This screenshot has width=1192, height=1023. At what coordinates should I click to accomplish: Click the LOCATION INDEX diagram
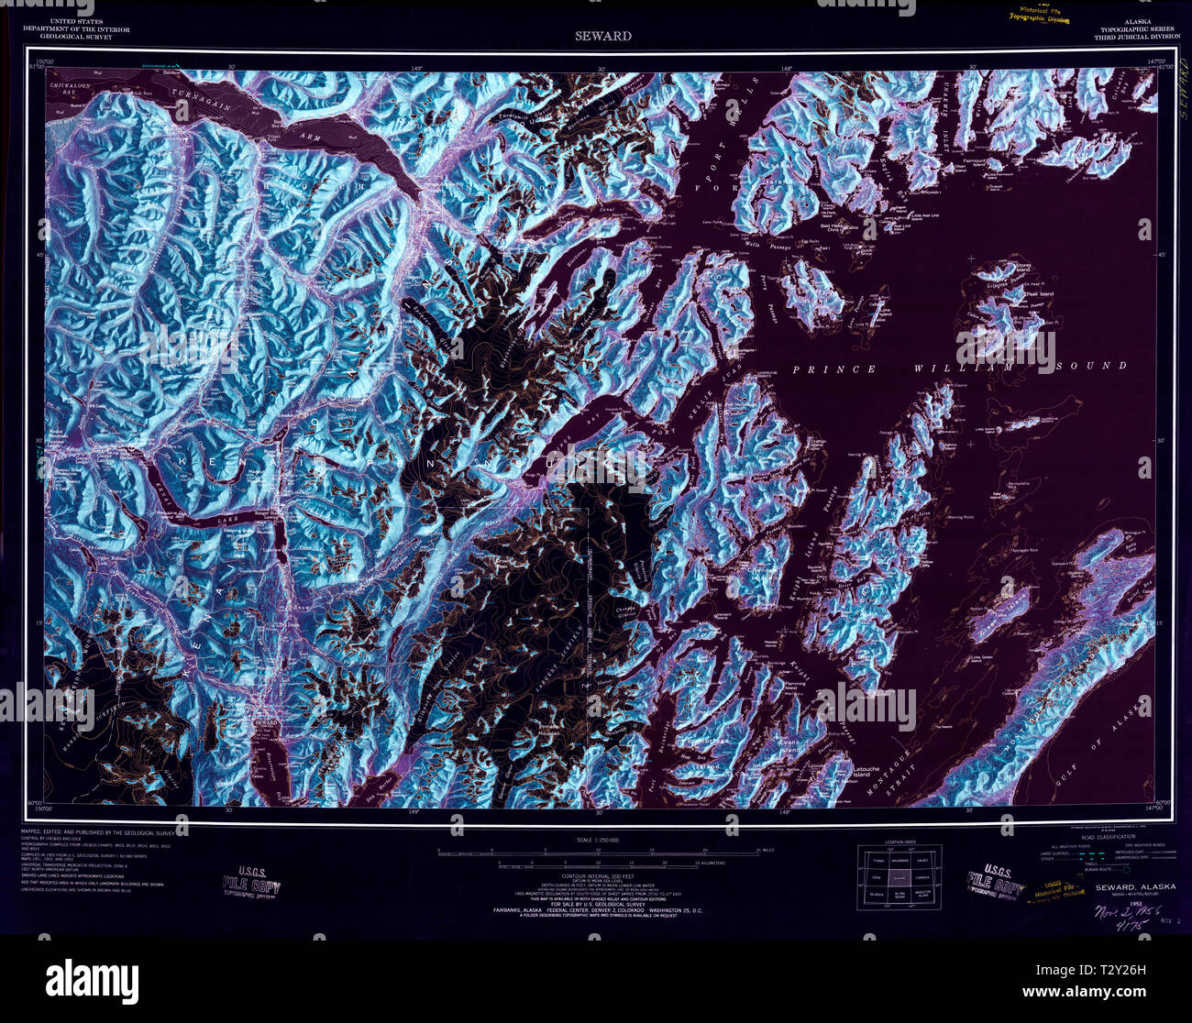pyautogui.click(x=899, y=878)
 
